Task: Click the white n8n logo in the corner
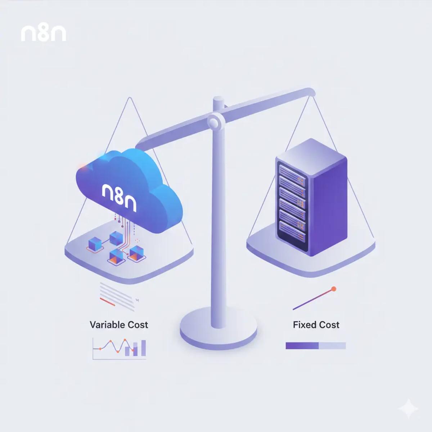pyautogui.click(x=44, y=33)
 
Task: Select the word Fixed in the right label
pyautogui.click(x=303, y=325)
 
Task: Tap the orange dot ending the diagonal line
pyautogui.click(x=334, y=289)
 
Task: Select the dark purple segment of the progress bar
pyautogui.click(x=302, y=346)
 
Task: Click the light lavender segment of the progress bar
pyautogui.click(x=332, y=346)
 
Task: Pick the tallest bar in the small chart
pyautogui.click(x=144, y=348)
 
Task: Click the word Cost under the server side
pyautogui.click(x=328, y=325)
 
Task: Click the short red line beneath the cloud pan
pyautogui.click(x=107, y=302)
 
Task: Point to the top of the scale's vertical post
pyautogui.click(x=217, y=99)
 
